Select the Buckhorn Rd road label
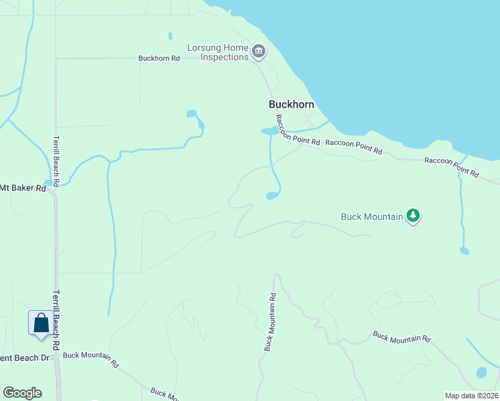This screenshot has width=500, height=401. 159,58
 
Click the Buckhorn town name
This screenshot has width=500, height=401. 291,104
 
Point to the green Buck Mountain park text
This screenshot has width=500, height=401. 372,217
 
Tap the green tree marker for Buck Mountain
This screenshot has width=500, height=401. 414,215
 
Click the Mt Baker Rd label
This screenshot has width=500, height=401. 23,188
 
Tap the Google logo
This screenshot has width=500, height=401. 22,393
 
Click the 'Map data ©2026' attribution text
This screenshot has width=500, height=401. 471,396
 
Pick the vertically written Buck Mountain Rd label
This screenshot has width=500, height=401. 270,322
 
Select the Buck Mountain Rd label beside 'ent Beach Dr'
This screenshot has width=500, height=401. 90,360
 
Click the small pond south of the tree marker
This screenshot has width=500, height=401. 464,251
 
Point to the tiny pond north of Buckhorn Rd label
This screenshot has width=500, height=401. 170,35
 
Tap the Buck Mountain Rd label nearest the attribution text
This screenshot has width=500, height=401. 401,337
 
